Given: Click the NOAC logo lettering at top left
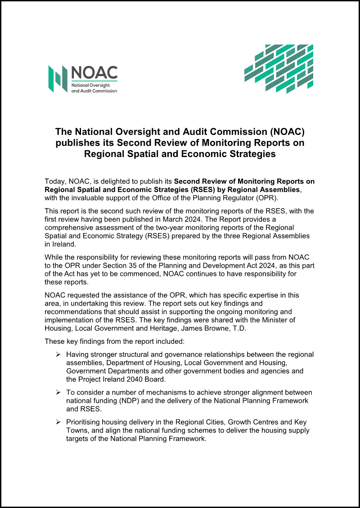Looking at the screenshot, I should (94, 72).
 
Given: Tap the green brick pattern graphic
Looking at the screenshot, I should (279, 69).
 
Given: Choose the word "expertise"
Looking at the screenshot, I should (257, 295).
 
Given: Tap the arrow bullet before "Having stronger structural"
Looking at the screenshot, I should (58, 355).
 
